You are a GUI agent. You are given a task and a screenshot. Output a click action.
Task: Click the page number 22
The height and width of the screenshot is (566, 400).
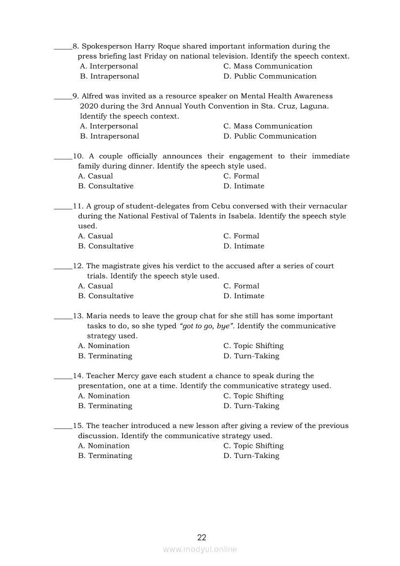(x=202, y=537)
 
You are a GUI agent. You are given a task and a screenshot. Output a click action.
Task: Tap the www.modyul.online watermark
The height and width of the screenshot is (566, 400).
(x=200, y=549)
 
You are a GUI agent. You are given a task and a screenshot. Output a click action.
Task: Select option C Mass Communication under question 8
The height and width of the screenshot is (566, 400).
(x=268, y=66)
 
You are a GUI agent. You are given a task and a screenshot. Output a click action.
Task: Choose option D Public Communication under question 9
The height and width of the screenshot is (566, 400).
(x=270, y=136)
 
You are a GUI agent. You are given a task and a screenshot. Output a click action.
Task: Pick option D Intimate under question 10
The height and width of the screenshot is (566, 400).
(x=244, y=186)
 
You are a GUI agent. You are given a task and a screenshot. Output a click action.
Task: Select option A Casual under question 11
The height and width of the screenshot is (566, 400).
(x=95, y=236)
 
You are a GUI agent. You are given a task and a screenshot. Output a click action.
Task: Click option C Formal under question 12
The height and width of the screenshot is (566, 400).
(x=241, y=286)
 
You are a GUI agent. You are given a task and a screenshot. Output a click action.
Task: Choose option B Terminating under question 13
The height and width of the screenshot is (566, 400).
(x=105, y=356)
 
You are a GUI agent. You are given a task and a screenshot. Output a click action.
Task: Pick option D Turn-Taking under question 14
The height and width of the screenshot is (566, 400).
(x=251, y=406)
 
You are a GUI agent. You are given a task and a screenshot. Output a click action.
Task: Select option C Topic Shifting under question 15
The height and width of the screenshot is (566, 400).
(x=253, y=445)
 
